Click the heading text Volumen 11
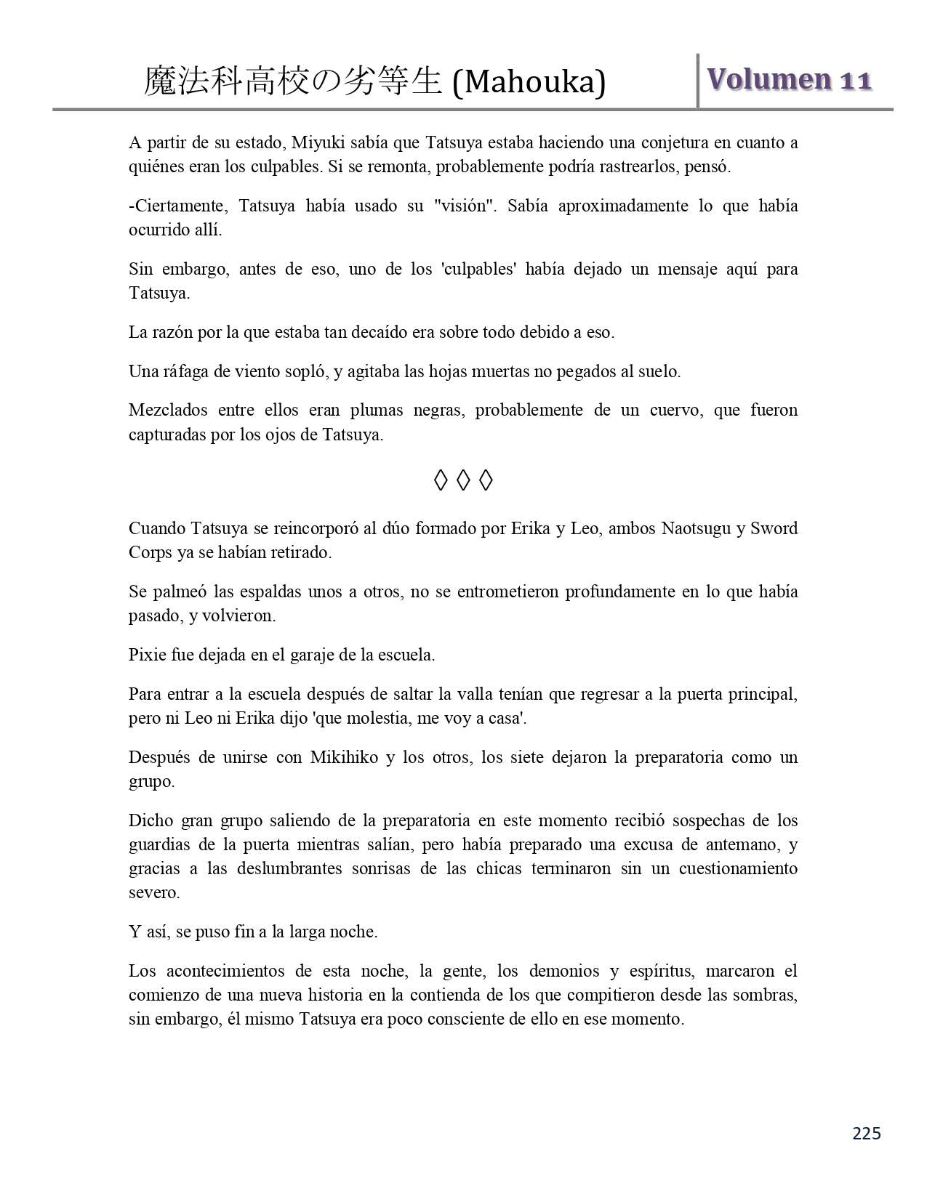pyautogui.click(x=789, y=79)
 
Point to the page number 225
pyautogui.click(x=866, y=1134)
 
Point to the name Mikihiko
pyautogui.click(x=344, y=757)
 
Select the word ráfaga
pyautogui.click(x=185, y=372)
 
